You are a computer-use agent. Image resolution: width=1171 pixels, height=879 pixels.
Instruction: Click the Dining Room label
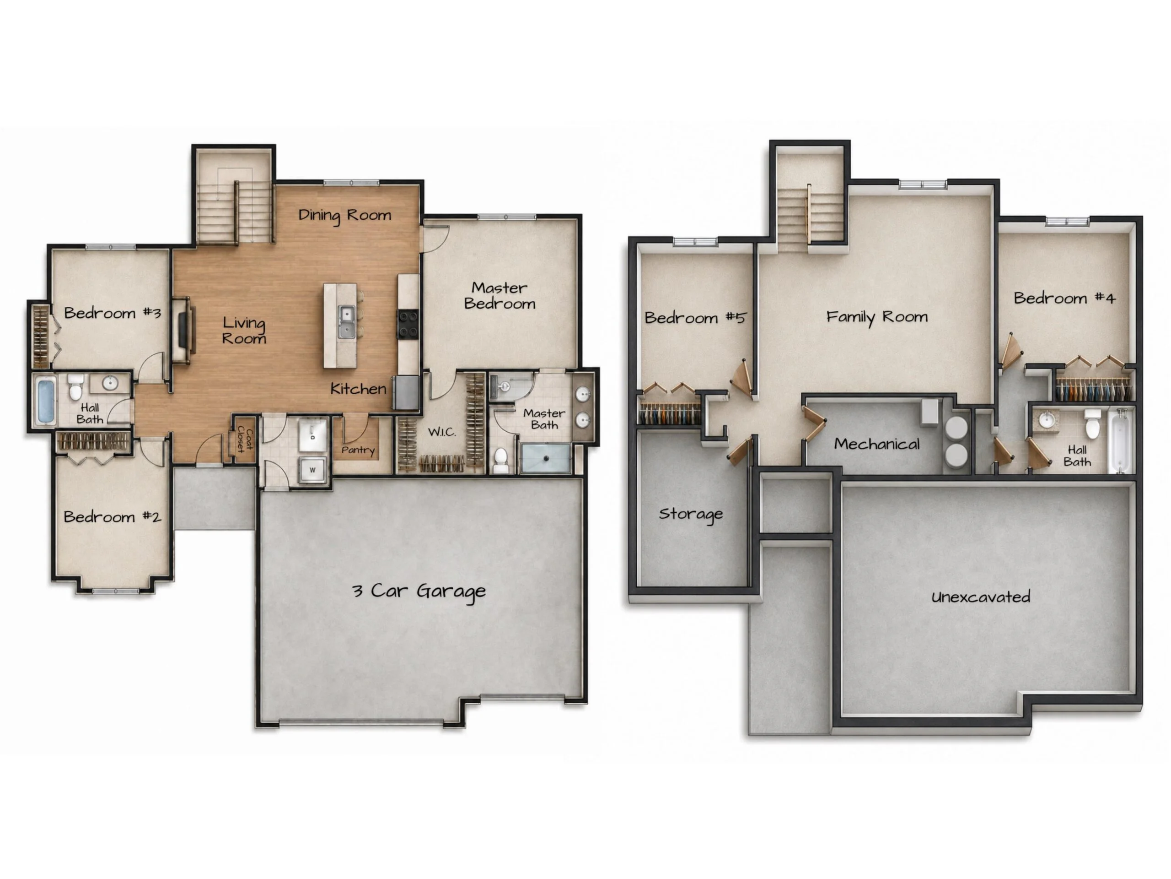(344, 215)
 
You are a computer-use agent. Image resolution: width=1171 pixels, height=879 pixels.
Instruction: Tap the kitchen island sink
(346, 321)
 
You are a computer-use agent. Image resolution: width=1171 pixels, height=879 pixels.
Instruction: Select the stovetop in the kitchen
(408, 324)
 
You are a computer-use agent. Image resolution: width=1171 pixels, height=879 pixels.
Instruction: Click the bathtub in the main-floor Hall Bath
(46, 401)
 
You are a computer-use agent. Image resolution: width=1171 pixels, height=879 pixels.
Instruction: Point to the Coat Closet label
(245, 439)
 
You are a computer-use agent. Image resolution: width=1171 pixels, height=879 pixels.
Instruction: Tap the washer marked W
(312, 469)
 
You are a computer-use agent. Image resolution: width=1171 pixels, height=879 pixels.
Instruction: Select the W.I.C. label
(441, 432)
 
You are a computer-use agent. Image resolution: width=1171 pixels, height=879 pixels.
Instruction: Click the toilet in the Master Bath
(501, 461)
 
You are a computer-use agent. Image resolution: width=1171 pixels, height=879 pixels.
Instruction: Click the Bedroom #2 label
(112, 516)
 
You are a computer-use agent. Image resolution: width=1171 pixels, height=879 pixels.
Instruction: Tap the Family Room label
(877, 317)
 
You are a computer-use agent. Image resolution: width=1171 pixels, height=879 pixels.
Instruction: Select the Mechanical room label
(877, 444)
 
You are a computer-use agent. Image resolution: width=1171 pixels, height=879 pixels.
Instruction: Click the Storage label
(691, 514)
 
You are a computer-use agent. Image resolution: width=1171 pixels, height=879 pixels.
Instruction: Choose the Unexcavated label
(980, 597)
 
